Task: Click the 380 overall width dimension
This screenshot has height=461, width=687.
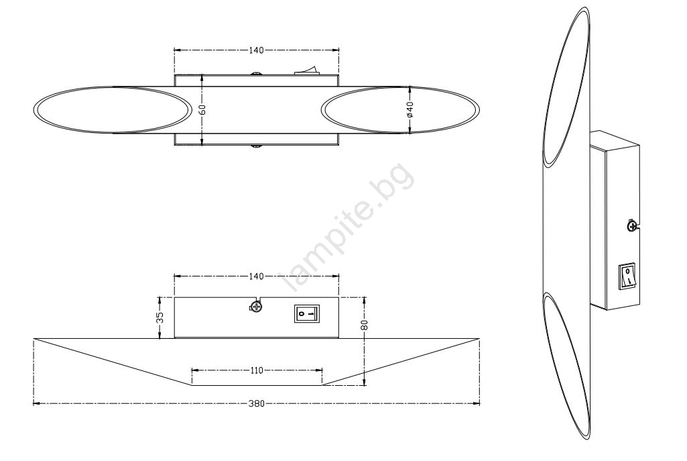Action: pos(256,403)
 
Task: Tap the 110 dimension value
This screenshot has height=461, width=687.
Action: pos(256,370)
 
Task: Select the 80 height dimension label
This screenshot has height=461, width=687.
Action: pos(365,325)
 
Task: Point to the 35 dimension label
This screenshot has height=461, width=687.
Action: pos(160,317)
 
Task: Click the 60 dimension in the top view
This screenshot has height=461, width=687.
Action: pos(202,109)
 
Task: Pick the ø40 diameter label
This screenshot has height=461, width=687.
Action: pos(410,109)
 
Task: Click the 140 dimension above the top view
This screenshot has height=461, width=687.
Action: pos(256,50)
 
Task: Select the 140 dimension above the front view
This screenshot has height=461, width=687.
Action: pos(256,276)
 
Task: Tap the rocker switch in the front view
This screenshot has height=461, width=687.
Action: pos(307,314)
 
